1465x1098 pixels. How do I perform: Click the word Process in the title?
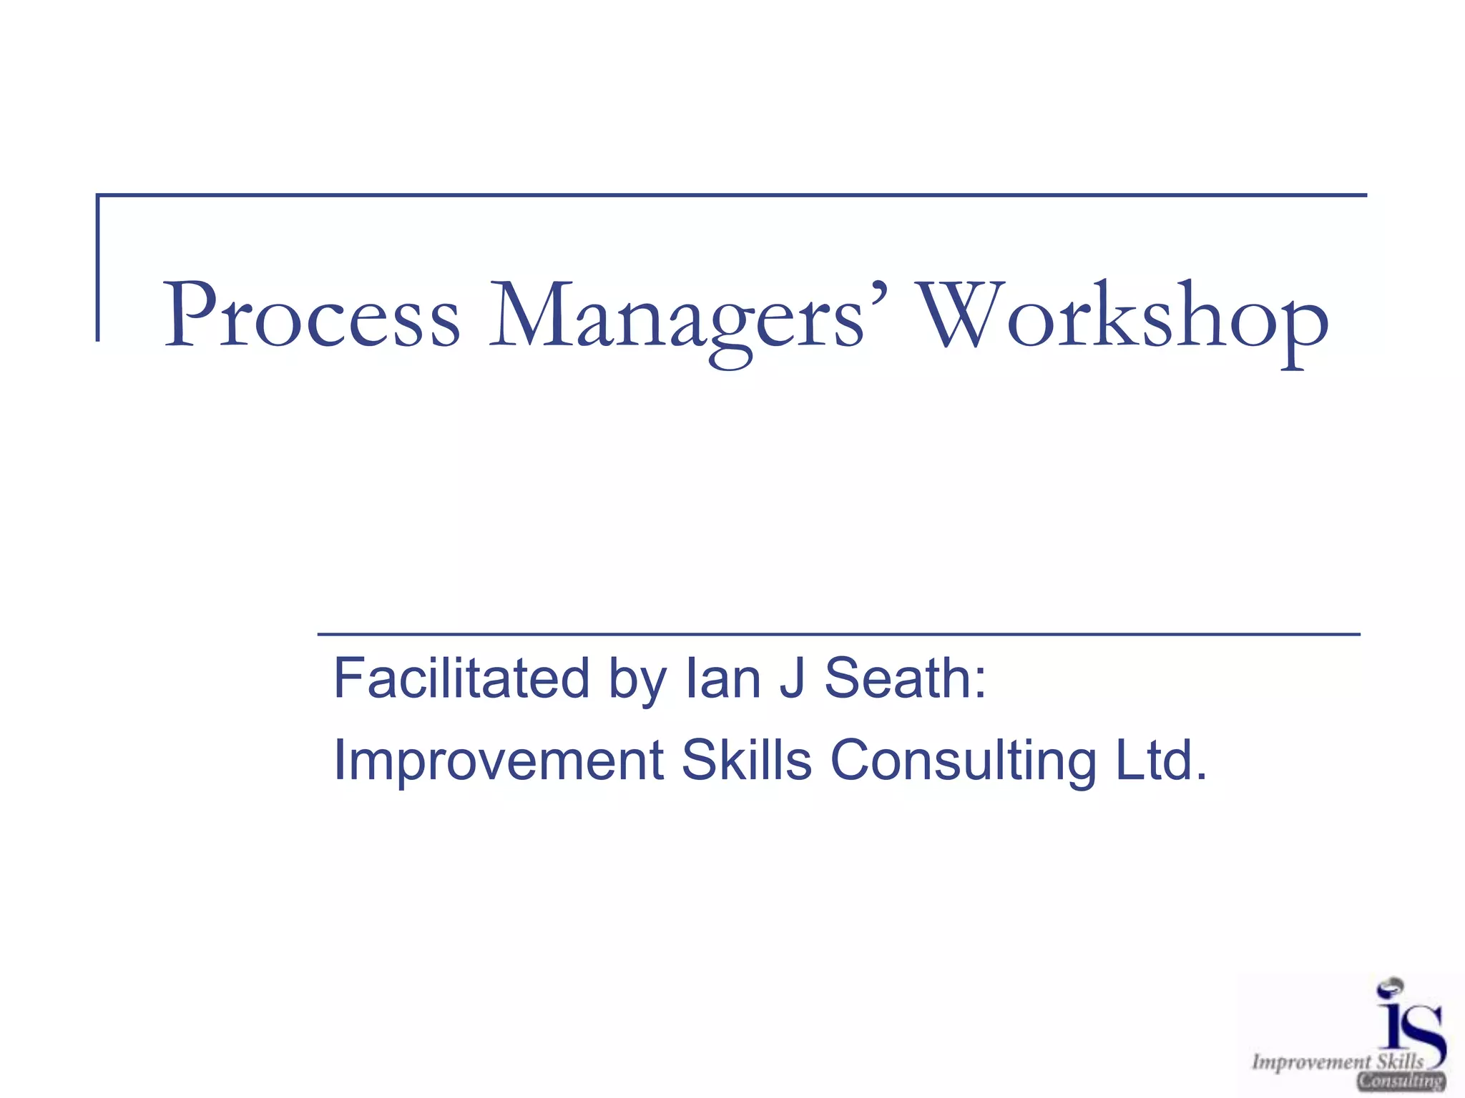(x=312, y=316)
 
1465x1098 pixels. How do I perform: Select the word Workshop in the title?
(x=1123, y=319)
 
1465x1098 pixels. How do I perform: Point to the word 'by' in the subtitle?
(x=637, y=681)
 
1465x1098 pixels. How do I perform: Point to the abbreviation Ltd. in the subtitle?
(x=1162, y=759)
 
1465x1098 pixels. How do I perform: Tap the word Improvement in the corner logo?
(x=1311, y=1062)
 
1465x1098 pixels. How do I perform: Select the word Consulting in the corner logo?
(x=1401, y=1081)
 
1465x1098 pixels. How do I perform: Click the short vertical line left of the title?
(x=98, y=267)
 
